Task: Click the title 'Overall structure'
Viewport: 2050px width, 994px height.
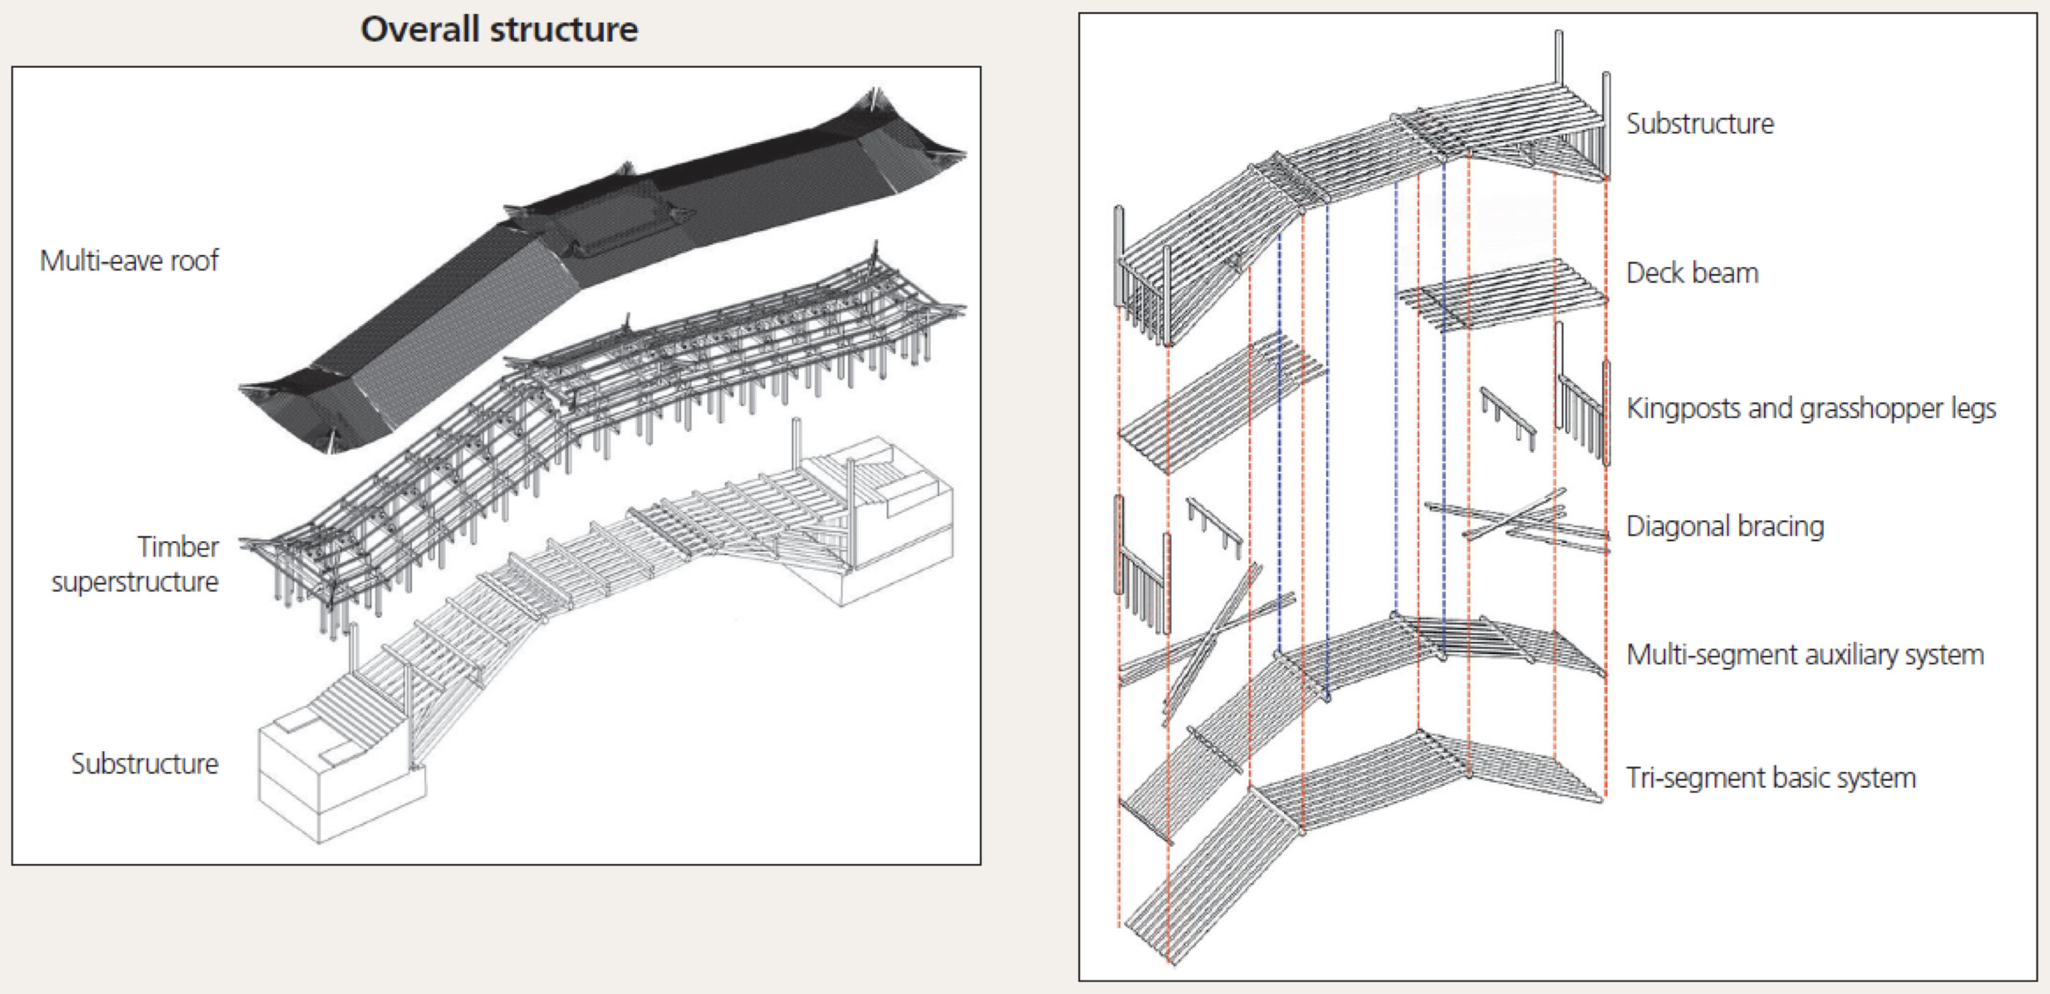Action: (499, 29)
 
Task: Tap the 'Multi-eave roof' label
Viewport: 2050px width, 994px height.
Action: (129, 261)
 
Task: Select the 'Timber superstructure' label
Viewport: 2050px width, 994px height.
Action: (135, 563)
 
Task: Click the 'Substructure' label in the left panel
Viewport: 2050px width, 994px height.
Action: (144, 764)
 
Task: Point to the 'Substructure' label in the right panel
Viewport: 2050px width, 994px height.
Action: (1700, 124)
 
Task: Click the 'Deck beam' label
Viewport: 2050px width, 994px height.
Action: (1692, 273)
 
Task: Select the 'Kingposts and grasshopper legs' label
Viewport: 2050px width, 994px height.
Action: (1811, 408)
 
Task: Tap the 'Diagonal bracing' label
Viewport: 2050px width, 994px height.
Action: (1725, 526)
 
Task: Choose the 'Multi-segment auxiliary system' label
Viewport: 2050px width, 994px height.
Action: (1805, 655)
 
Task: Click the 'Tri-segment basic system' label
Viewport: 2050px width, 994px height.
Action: (1770, 777)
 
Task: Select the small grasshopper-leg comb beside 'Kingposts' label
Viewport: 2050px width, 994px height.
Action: (1508, 418)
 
